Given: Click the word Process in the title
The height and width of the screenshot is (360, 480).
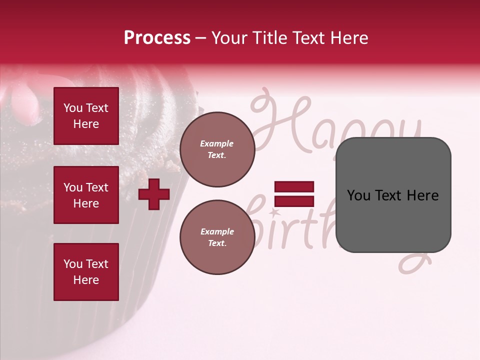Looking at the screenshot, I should pyautogui.click(x=157, y=38).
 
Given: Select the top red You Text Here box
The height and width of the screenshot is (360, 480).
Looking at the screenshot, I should pyautogui.click(x=86, y=116).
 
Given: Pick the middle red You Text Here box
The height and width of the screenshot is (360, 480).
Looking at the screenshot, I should pyautogui.click(x=86, y=195).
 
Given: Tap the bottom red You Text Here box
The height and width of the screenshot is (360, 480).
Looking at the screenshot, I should pyautogui.click(x=86, y=271).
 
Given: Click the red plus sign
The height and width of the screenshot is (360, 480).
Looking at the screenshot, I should pyautogui.click(x=154, y=193).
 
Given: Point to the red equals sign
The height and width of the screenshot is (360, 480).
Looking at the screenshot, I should pyautogui.click(x=294, y=194).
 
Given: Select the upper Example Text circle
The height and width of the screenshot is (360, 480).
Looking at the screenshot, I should pyautogui.click(x=217, y=149).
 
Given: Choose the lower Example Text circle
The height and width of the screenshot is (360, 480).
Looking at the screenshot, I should pyautogui.click(x=217, y=237).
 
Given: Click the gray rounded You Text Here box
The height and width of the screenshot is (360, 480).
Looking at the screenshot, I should pyautogui.click(x=393, y=195).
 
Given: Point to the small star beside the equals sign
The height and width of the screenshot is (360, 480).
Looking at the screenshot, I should pyautogui.click(x=274, y=213).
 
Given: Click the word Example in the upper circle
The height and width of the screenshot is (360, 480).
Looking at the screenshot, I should pyautogui.click(x=217, y=143).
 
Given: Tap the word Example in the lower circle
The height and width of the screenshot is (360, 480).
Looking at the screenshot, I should pyautogui.click(x=217, y=231).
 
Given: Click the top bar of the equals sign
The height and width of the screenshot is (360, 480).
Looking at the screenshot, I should pyautogui.click(x=294, y=187).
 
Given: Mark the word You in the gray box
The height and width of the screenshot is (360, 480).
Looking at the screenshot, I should pyautogui.click(x=358, y=195).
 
